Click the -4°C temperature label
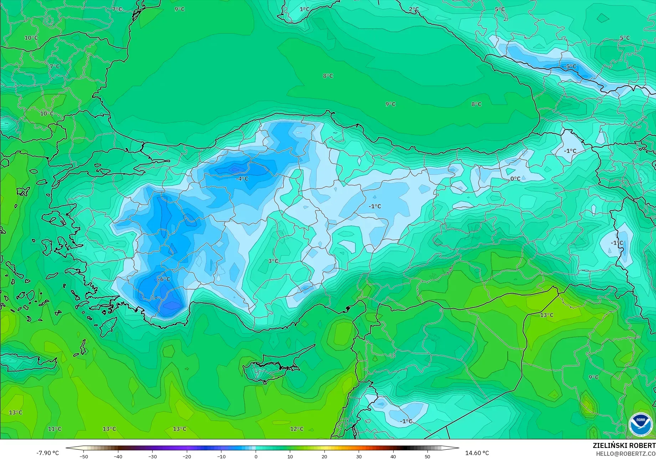click(242, 179)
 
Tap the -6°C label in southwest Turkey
click(164, 279)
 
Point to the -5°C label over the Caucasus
click(570, 66)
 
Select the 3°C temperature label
click(273, 261)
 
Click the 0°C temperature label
click(515, 179)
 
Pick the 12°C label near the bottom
click(297, 429)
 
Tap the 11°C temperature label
click(55, 429)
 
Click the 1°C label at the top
click(304, 9)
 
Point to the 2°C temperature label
click(414, 9)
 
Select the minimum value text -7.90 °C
click(47, 453)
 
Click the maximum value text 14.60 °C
click(477, 453)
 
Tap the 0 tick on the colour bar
click(256, 456)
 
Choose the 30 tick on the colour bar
click(359, 456)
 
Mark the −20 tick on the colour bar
click(187, 456)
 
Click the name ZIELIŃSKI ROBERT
click(624, 445)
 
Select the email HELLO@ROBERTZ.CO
click(626, 453)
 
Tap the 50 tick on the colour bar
click(427, 456)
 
